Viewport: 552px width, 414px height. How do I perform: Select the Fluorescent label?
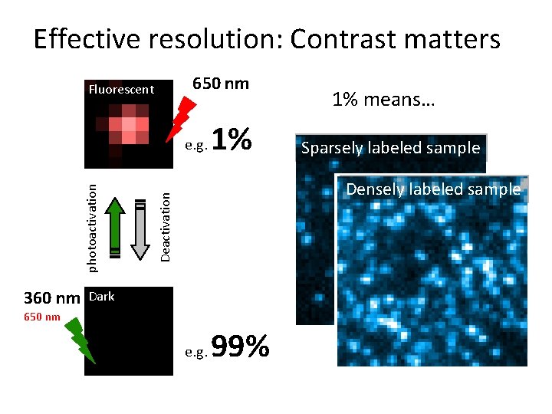pyautogui.click(x=121, y=90)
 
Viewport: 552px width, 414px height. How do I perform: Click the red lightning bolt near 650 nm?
pyautogui.click(x=182, y=117)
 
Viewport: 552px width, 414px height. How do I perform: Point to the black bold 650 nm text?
pyautogui.click(x=220, y=84)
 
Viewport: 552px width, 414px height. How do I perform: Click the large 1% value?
pyautogui.click(x=231, y=140)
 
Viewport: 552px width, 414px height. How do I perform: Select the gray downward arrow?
pyautogui.click(x=140, y=228)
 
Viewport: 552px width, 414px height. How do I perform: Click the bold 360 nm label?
pyautogui.click(x=51, y=298)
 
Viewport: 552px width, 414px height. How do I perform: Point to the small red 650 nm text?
pyautogui.click(x=41, y=317)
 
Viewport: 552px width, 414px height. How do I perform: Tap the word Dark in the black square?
pyautogui.click(x=102, y=297)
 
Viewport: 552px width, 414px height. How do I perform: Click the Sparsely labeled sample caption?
pyautogui.click(x=390, y=148)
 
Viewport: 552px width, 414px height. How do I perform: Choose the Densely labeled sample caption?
pyautogui.click(x=433, y=189)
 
